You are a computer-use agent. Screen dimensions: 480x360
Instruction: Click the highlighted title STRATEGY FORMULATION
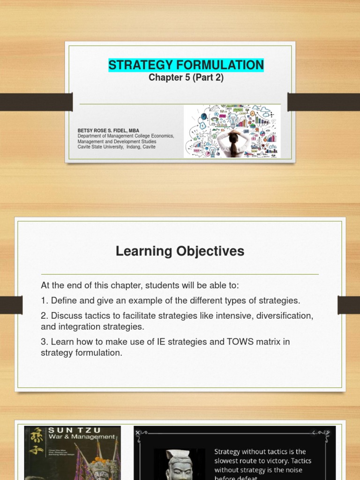(x=186, y=65)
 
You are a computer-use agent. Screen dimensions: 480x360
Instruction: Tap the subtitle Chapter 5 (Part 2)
(x=186, y=78)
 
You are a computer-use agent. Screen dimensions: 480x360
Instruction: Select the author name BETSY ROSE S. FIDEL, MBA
(x=108, y=131)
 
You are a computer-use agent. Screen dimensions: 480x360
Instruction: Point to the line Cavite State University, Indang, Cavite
(x=116, y=147)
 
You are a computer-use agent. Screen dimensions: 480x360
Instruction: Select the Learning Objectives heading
(x=180, y=252)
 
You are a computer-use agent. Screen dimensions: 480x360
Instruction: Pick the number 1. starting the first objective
(x=45, y=300)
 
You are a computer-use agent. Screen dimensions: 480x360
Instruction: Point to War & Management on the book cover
(x=82, y=437)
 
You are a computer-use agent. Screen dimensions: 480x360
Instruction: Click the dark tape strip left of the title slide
(x=36, y=102)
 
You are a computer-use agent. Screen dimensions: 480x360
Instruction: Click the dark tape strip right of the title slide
(x=323, y=102)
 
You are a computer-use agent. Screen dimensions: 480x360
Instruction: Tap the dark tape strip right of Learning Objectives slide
(x=348, y=305)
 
